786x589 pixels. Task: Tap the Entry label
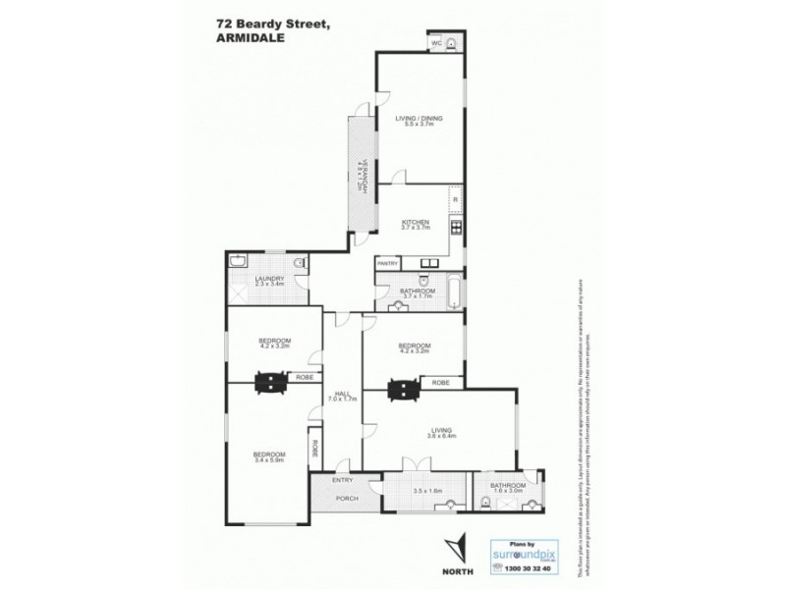(343, 480)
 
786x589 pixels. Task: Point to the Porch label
(347, 499)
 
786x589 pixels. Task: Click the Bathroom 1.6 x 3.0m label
(508, 486)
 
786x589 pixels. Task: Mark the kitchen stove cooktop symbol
(457, 230)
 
